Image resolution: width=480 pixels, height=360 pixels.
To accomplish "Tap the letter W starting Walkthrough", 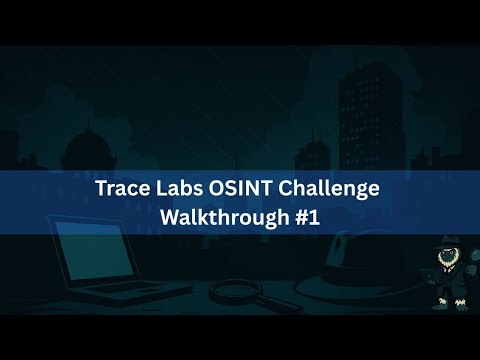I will click(170, 214).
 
